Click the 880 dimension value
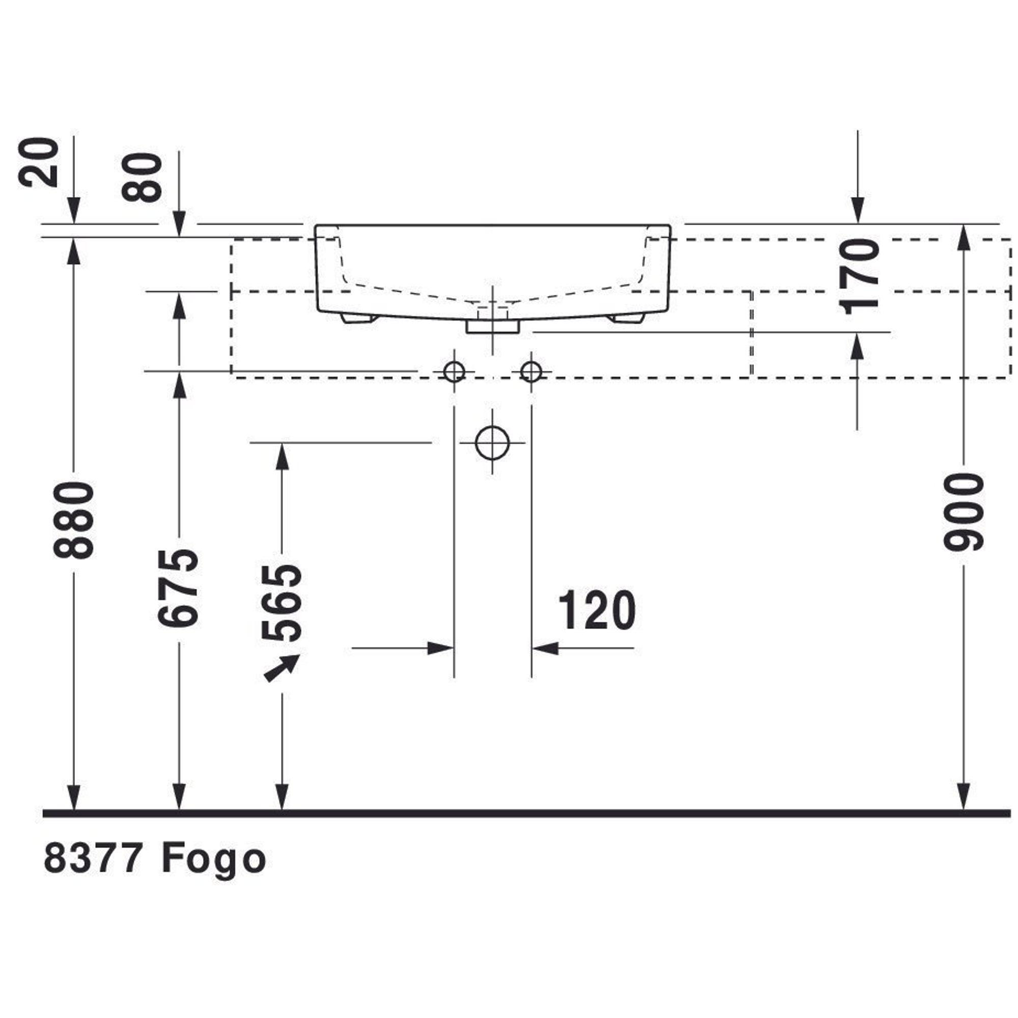(74, 520)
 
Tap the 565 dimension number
(282, 602)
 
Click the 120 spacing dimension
(597, 610)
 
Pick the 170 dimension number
(859, 276)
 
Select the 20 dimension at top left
(39, 162)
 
